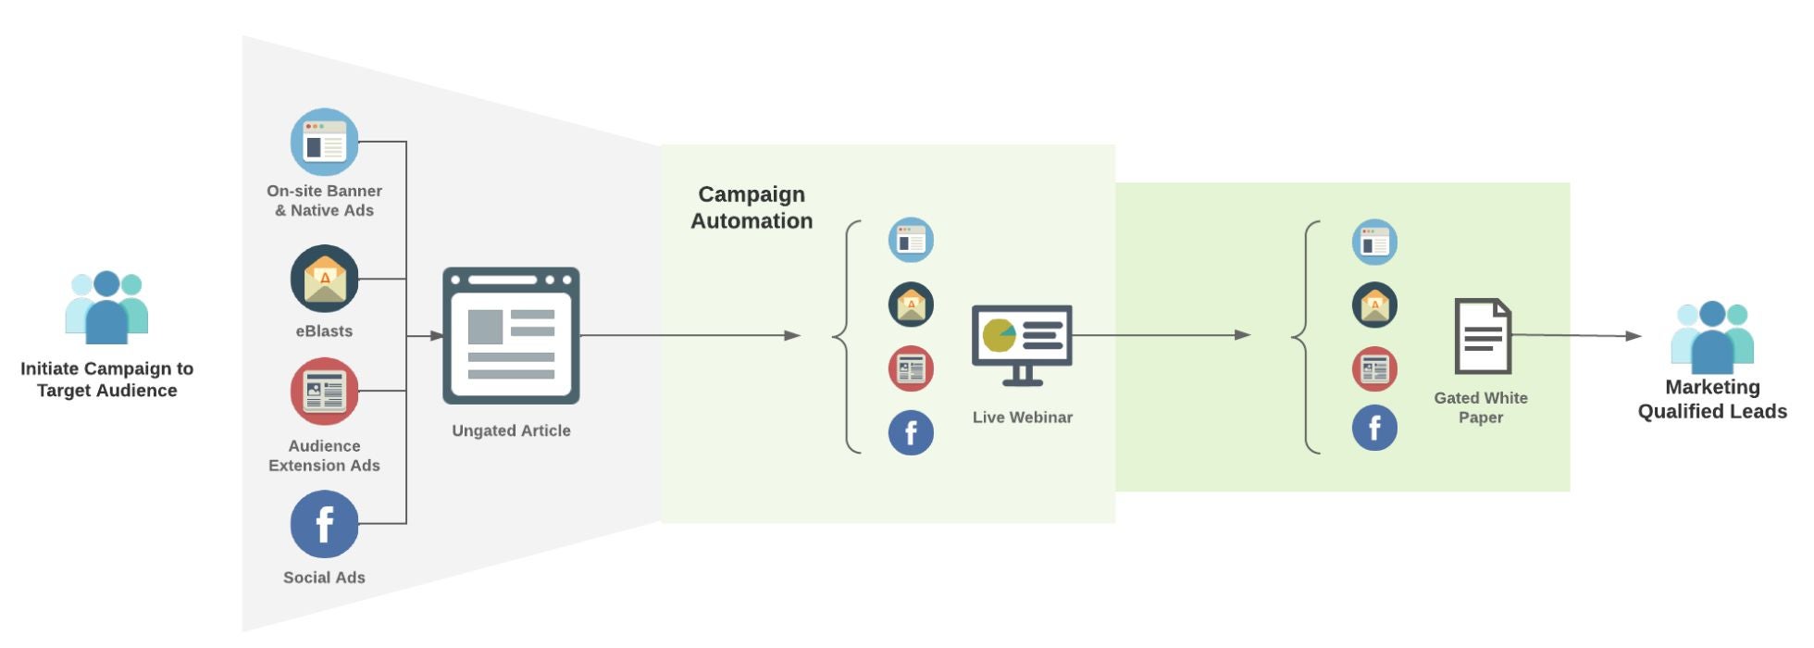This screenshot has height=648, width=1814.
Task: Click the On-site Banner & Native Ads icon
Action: click(324, 143)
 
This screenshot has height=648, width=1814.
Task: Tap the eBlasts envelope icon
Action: click(324, 279)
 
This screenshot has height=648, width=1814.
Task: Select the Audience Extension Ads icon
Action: click(324, 392)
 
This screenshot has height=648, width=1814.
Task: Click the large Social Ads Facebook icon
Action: click(324, 524)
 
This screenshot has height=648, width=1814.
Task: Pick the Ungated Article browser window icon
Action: click(511, 336)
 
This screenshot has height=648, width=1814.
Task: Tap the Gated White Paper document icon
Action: click(1482, 336)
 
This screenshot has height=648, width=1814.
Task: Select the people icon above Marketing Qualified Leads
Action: click(1712, 337)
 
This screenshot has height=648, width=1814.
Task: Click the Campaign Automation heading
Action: click(752, 207)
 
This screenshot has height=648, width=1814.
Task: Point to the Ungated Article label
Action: click(511, 430)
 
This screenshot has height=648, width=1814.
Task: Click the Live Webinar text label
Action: click(1023, 417)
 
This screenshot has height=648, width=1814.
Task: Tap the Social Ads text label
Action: click(324, 578)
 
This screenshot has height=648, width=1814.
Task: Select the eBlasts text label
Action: click(324, 331)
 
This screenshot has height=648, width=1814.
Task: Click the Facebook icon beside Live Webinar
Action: click(911, 432)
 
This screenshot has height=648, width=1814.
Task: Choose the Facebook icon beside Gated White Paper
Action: click(1374, 428)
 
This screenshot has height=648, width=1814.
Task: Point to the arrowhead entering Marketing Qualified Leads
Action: click(1634, 336)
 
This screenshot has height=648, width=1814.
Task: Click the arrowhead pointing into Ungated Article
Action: click(437, 336)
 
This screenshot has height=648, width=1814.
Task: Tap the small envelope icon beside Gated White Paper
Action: click(1374, 305)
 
